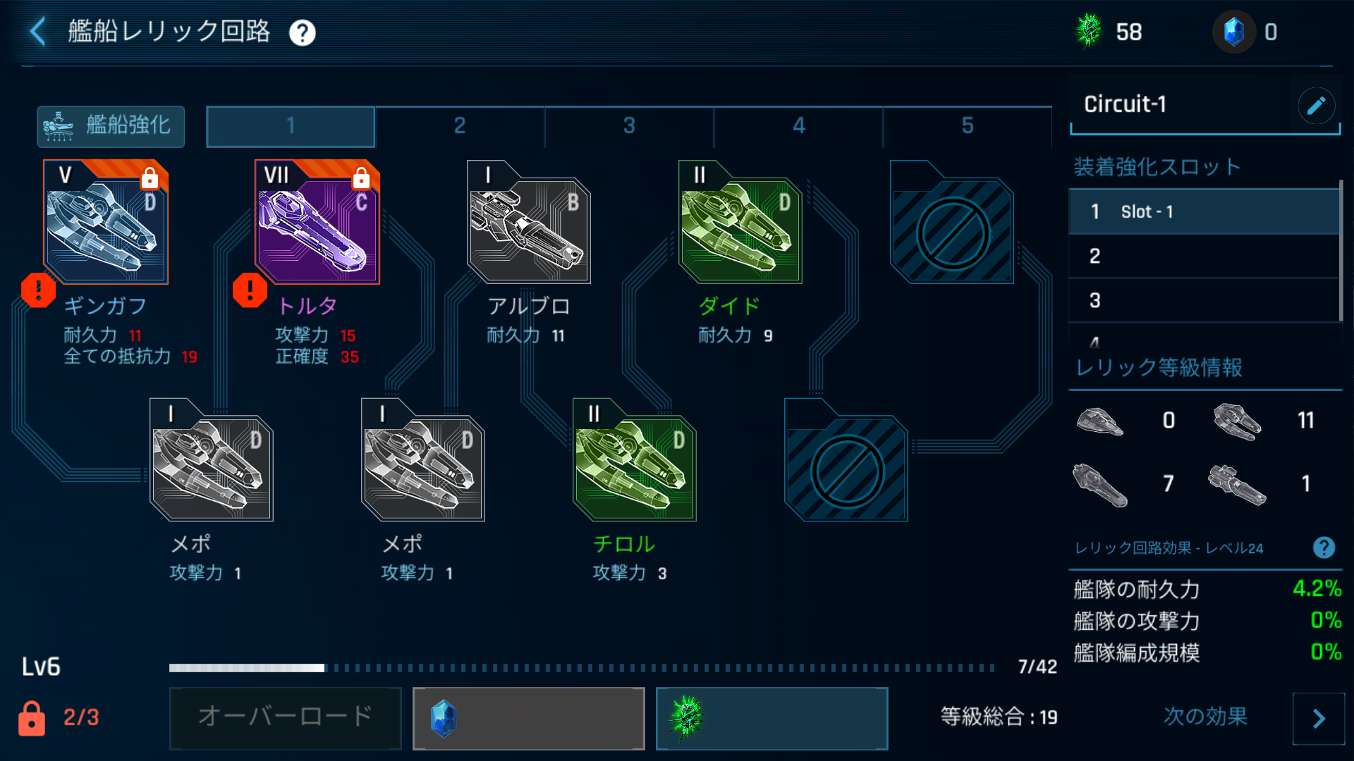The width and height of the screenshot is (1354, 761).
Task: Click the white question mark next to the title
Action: click(303, 32)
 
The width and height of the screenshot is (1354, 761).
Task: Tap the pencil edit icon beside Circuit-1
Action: click(1316, 106)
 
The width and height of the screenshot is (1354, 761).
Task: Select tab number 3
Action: click(629, 126)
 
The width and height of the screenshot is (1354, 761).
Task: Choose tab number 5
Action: click(968, 126)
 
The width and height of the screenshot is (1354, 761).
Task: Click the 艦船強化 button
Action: click(111, 126)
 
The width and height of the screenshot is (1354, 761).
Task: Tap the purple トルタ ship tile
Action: click(317, 223)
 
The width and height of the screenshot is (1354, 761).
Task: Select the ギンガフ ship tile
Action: click(106, 223)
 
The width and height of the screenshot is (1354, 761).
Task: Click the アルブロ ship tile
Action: click(528, 223)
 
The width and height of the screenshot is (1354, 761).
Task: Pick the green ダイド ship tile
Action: click(740, 223)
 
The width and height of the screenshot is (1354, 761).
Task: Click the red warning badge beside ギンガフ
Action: click(38, 290)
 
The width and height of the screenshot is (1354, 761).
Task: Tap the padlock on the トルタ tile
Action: click(361, 178)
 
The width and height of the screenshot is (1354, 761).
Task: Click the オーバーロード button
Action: click(285, 717)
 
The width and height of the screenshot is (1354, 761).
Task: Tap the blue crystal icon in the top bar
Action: click(1233, 32)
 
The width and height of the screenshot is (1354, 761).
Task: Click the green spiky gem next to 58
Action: click(1089, 32)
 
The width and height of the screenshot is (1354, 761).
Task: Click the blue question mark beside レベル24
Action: click(1324, 547)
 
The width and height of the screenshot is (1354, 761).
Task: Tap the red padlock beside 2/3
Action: click(32, 718)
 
